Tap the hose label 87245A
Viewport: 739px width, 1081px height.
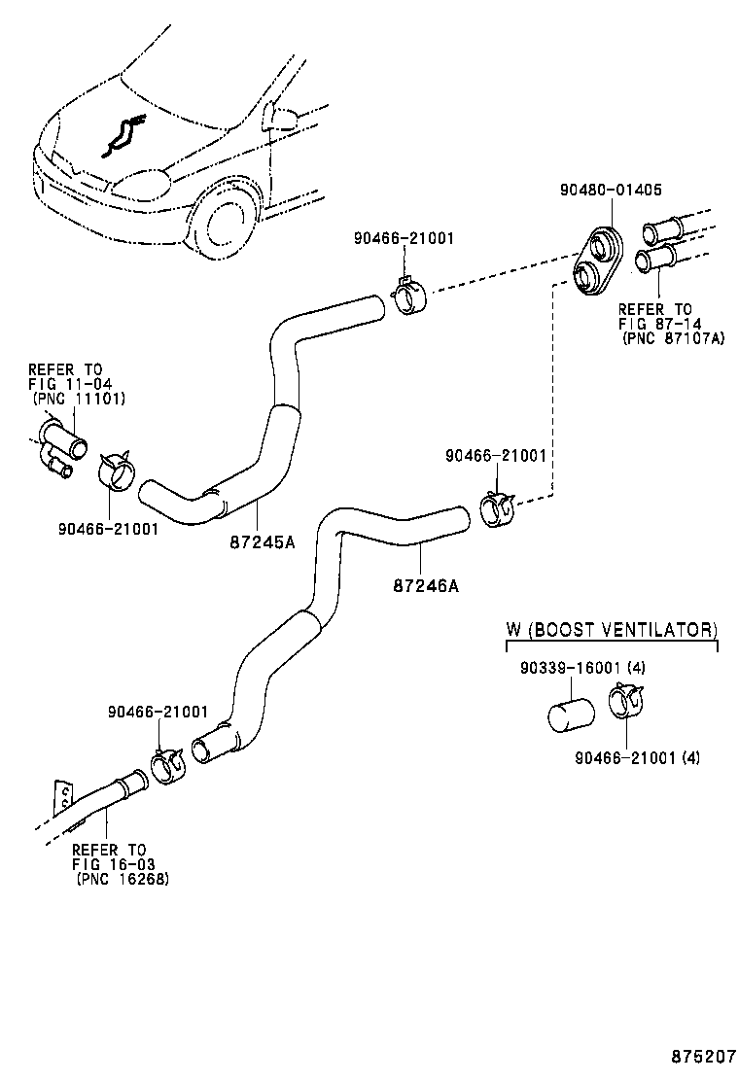pyautogui.click(x=264, y=542)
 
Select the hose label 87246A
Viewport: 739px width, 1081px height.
pyautogui.click(x=426, y=585)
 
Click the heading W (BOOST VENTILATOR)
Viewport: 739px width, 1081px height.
pyautogui.click(x=612, y=630)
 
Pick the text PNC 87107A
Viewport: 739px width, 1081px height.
pyautogui.click(x=674, y=338)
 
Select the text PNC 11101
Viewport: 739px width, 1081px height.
pyautogui.click(x=80, y=399)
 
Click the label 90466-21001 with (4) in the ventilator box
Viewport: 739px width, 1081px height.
pyautogui.click(x=637, y=757)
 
